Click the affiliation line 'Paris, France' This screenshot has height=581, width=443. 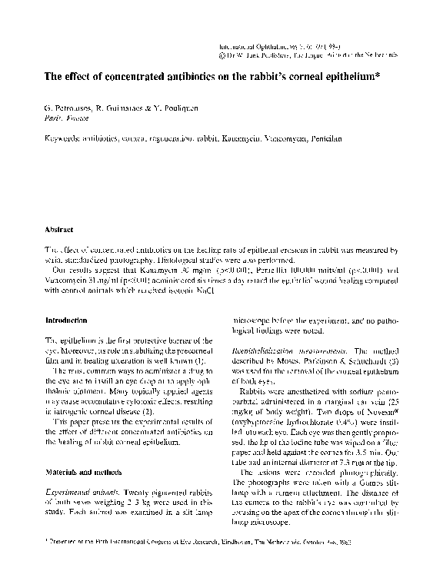66,121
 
